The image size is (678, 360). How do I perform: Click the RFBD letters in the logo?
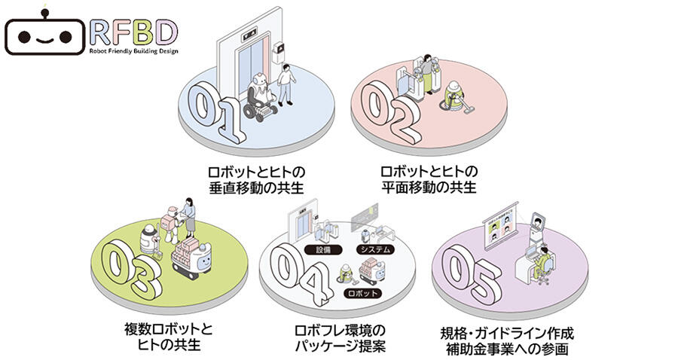click(x=133, y=31)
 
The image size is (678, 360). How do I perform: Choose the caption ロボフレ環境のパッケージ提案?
click(x=340, y=338)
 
